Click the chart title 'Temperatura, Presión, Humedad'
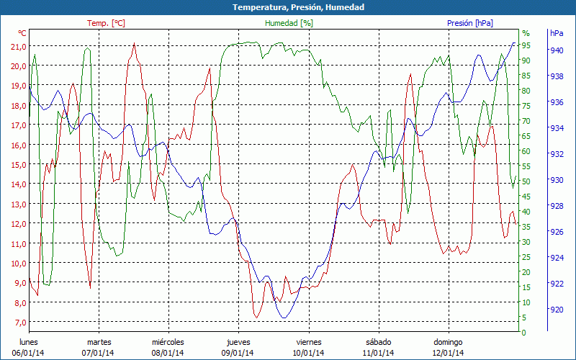coord(288,7)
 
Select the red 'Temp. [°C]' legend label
coord(106,23)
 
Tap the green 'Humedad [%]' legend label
coord(289,23)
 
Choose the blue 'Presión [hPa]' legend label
coord(469,23)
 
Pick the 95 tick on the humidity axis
coord(526,45)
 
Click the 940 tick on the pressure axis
coord(557,50)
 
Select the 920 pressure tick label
coord(557,310)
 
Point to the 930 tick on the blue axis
coord(557,180)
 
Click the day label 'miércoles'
coord(168,342)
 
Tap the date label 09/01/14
coord(238,353)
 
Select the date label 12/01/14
coord(448,353)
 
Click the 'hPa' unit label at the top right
coord(557,33)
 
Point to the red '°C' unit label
coord(22,33)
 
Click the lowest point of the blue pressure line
coord(284,318)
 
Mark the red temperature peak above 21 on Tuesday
coord(134,43)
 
